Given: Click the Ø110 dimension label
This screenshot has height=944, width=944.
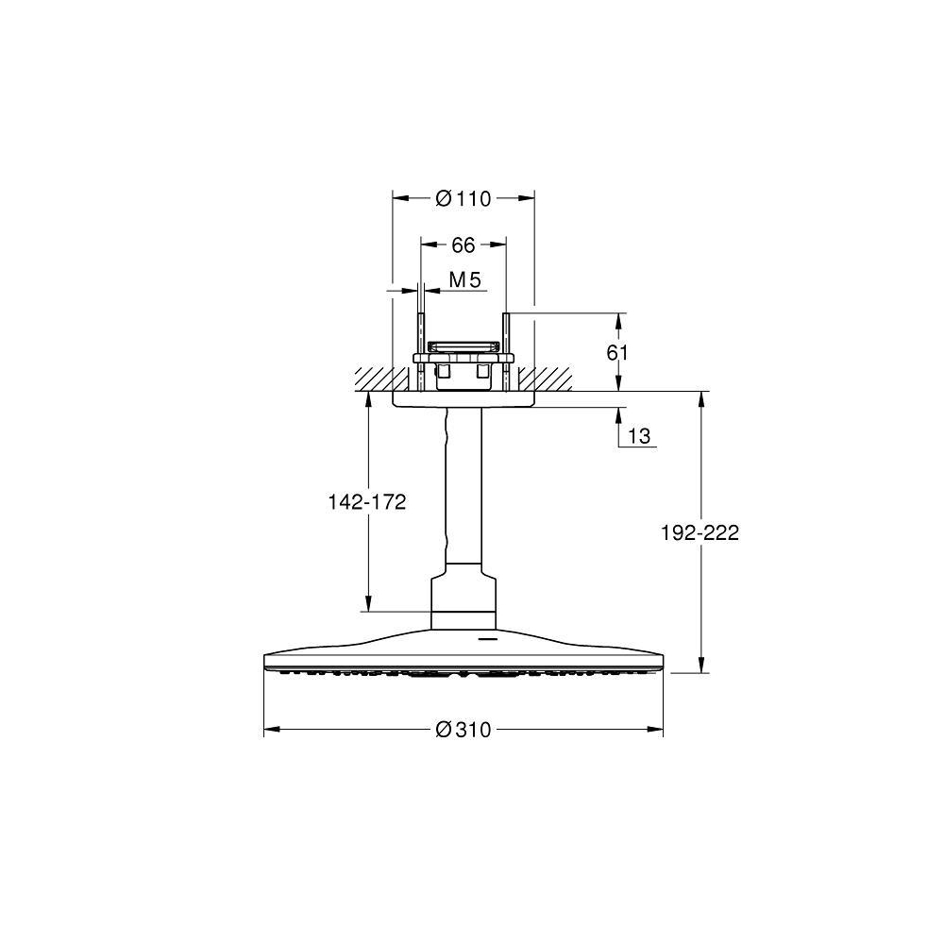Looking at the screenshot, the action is pyautogui.click(x=463, y=198).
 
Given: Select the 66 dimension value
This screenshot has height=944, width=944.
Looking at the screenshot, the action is pyautogui.click(x=463, y=245).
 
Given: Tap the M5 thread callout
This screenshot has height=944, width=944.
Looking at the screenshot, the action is pyautogui.click(x=465, y=279).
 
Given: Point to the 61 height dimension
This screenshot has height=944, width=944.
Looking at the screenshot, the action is pyautogui.click(x=617, y=352).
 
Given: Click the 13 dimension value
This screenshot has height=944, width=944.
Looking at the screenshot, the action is pyautogui.click(x=639, y=435).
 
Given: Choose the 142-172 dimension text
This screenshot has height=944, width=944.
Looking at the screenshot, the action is pyautogui.click(x=367, y=501).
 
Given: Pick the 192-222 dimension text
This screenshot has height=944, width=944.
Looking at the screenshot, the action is pyautogui.click(x=700, y=532).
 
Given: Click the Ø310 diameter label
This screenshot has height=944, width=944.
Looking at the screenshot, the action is pyautogui.click(x=463, y=730).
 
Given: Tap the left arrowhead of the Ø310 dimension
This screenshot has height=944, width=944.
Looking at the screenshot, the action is pyautogui.click(x=272, y=730).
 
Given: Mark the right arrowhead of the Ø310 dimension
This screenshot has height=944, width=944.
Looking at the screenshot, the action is pyautogui.click(x=655, y=730).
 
